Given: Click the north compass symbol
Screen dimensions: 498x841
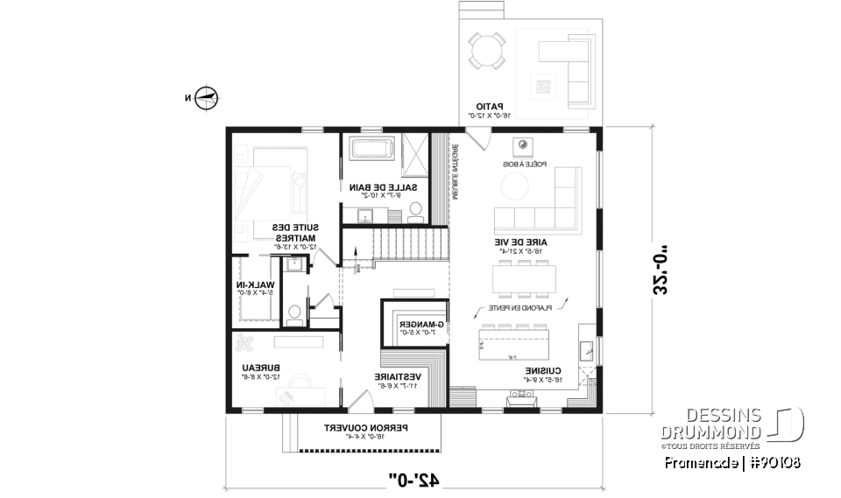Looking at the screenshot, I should [x=207, y=98].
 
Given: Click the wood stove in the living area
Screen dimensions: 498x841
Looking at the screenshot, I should [x=523, y=144].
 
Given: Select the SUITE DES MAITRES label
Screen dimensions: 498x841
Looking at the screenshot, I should [x=294, y=232].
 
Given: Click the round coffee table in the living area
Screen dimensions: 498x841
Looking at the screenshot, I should [x=513, y=186].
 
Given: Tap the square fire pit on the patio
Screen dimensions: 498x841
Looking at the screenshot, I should [x=543, y=85].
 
